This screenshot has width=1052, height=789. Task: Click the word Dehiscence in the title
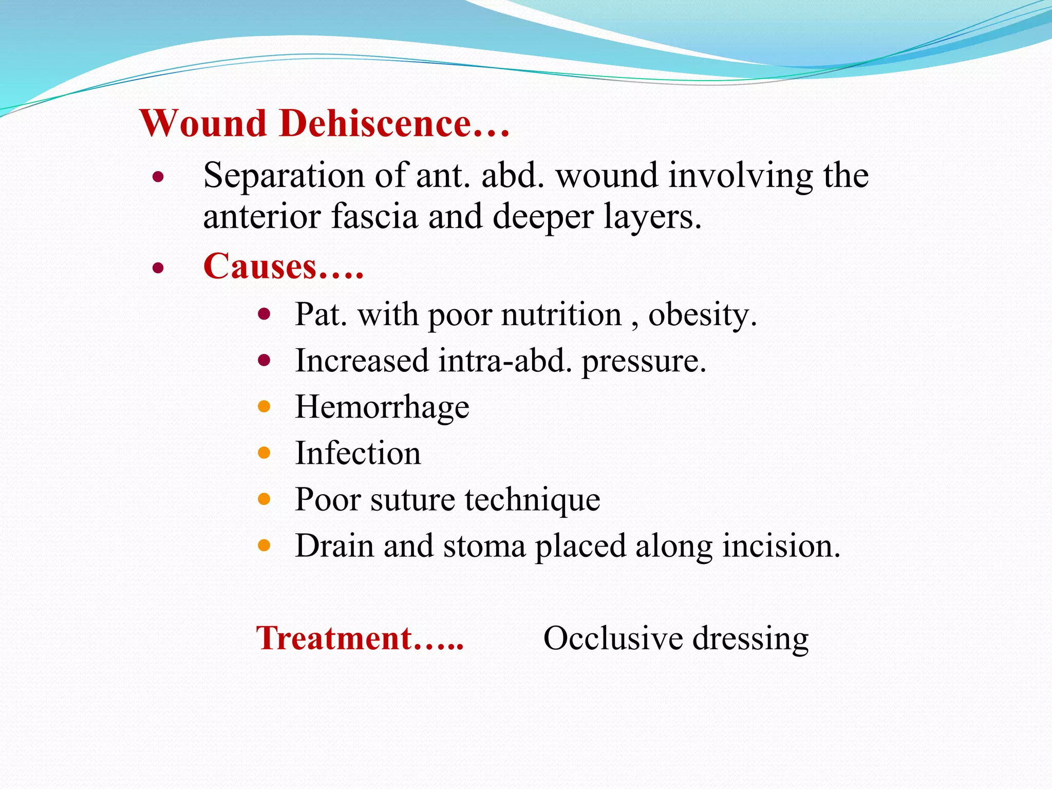pyautogui.click(x=375, y=124)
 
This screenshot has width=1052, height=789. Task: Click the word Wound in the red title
pyautogui.click(x=203, y=124)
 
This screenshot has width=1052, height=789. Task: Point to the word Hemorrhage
pyautogui.click(x=382, y=407)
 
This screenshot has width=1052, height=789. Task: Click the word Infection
pyautogui.click(x=358, y=454)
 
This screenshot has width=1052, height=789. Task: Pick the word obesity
pyautogui.click(x=702, y=314)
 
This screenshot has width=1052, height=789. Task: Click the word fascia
pyautogui.click(x=374, y=216)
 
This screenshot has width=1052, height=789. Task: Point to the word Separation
pyautogui.click(x=285, y=176)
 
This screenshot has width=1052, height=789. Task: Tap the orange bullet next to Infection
pyautogui.click(x=264, y=453)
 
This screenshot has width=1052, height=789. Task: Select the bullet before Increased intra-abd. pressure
pyautogui.click(x=264, y=361)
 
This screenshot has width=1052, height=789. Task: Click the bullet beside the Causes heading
pyautogui.click(x=158, y=268)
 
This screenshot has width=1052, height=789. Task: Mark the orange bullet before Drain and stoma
pyautogui.click(x=264, y=545)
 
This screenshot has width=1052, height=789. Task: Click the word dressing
pyautogui.click(x=750, y=640)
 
